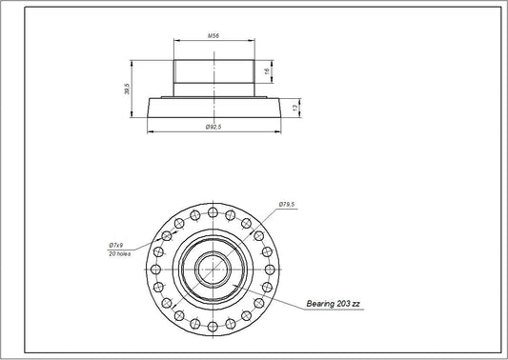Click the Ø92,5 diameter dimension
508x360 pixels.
coord(213,128)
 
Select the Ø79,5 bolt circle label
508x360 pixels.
coord(287,204)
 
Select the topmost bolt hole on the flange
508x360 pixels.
coord(213,210)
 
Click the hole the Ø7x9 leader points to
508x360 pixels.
coord(167,235)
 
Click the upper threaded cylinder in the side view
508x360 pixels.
coord(213,71)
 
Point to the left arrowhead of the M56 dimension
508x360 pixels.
coord(175,41)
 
